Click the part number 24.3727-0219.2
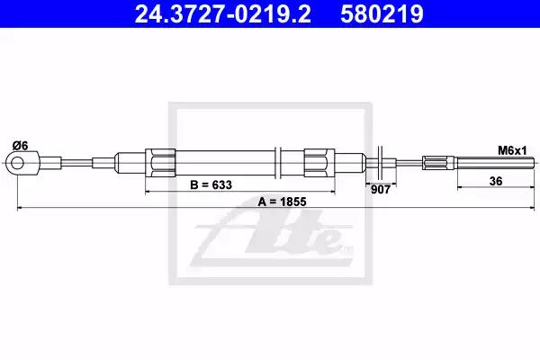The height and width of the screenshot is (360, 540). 222,13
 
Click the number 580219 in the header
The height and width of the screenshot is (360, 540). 382,13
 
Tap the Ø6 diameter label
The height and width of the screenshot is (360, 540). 20,146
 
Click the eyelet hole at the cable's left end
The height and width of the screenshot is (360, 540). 17,163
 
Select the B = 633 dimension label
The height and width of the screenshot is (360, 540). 211,185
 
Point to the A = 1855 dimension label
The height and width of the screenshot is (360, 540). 282,202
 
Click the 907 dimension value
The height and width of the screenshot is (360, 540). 380,190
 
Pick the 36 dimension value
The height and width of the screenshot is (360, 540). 496,181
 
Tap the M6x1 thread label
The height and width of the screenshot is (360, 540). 512,150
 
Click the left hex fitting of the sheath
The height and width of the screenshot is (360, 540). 160,163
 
